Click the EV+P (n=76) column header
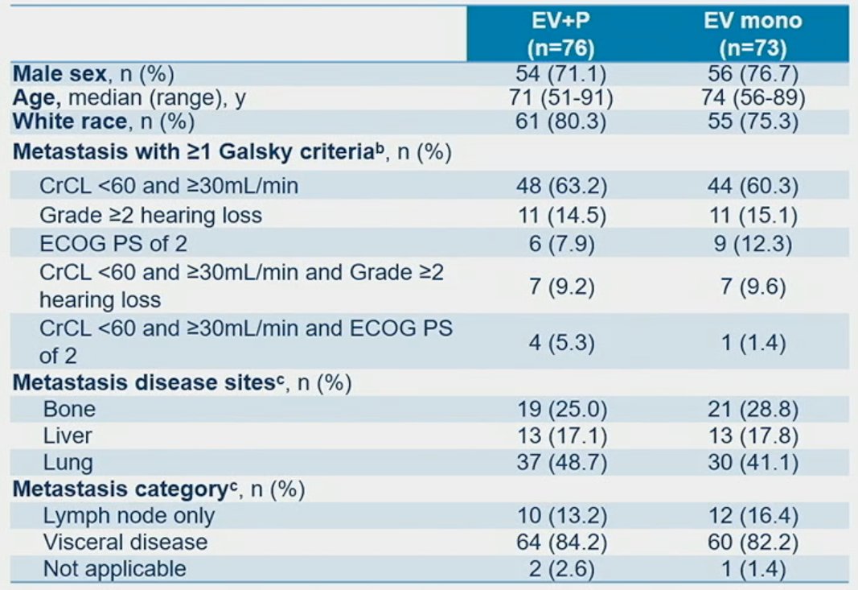(560, 34)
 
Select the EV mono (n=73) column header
(753, 34)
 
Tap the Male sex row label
(93, 74)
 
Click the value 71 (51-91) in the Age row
(561, 97)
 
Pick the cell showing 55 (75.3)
(753, 121)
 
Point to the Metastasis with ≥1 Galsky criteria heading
(232, 152)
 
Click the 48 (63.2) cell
(561, 186)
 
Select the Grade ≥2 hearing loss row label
(150, 215)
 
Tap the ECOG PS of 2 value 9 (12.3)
(753, 244)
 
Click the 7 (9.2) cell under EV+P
(561, 287)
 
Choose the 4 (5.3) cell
(561, 343)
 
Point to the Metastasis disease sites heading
(183, 382)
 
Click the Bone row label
(69, 409)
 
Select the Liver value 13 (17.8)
(753, 436)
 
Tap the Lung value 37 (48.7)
(561, 462)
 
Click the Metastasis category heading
(158, 489)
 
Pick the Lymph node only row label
(129, 515)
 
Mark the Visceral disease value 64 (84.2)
(561, 543)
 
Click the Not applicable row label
(114, 568)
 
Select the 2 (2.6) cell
(561, 569)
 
